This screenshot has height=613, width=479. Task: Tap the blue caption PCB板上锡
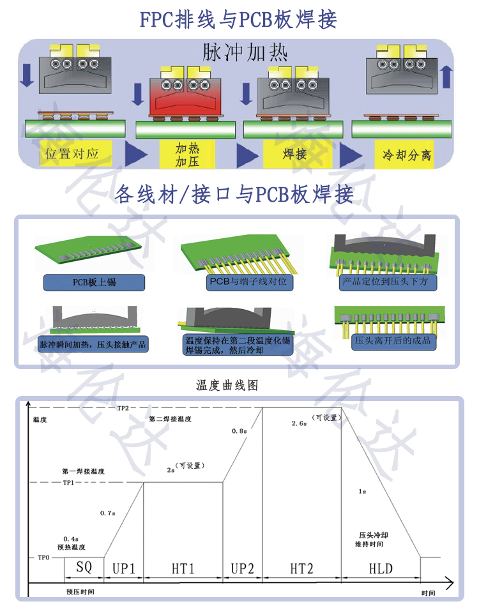pos(94,282)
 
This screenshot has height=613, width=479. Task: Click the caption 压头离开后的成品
pos(393,340)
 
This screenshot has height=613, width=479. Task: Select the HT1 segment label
pos(183,568)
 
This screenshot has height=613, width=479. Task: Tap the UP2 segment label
pos(242,568)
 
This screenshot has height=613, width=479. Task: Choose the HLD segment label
pos(381,568)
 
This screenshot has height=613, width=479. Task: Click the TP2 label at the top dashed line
pos(123,408)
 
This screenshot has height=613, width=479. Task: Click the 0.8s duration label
pos(239,432)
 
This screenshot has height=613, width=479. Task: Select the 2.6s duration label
pos(300,423)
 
